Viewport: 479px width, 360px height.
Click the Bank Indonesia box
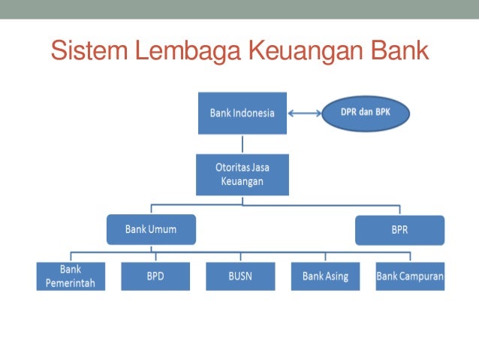[243, 113]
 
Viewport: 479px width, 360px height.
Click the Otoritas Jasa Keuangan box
[243, 174]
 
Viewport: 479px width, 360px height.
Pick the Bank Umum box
[151, 229]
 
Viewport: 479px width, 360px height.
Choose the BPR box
[399, 230]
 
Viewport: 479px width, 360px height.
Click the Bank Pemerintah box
[71, 276]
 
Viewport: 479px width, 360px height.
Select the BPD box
[155, 276]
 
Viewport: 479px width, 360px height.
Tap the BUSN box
[240, 276]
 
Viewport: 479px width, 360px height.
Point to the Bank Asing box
[326, 276]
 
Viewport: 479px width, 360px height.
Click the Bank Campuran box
[410, 276]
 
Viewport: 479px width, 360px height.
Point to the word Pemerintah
[71, 283]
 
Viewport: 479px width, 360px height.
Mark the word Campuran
[423, 276]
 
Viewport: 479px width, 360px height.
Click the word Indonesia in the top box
[253, 113]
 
